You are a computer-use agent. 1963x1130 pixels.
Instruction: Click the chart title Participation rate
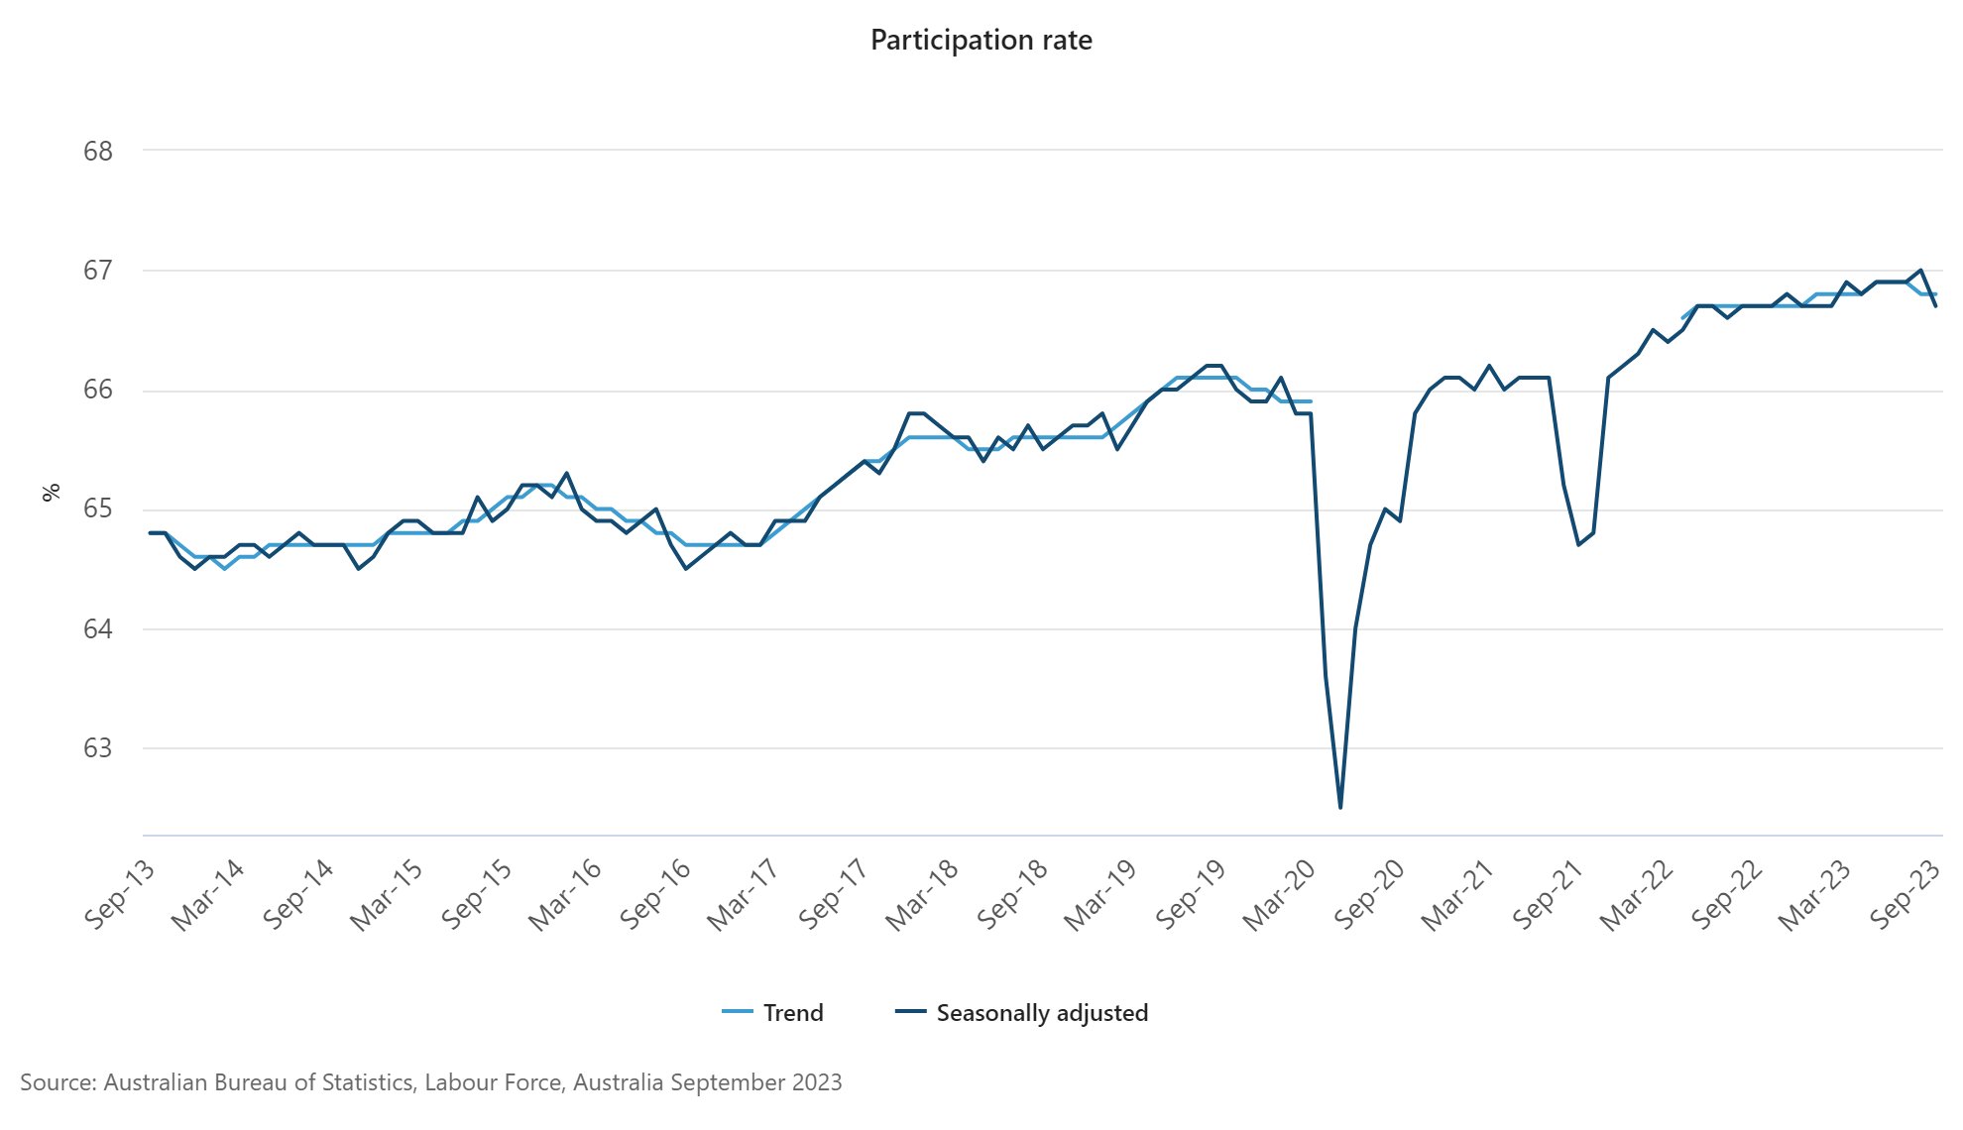(981, 40)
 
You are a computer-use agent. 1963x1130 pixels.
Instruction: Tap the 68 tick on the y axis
(98, 151)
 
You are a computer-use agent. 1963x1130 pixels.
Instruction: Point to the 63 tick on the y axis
(98, 748)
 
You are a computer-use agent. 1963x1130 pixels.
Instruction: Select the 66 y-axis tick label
(98, 390)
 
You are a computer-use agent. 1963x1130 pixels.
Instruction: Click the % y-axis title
(52, 492)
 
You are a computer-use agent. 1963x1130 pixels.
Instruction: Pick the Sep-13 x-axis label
(119, 894)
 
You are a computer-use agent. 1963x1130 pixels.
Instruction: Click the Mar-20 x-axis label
(1279, 894)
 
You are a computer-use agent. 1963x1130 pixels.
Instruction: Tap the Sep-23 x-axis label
(1904, 894)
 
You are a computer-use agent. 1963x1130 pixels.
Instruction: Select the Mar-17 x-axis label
(744, 894)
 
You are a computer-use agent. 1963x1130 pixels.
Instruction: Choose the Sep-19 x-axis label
(1190, 894)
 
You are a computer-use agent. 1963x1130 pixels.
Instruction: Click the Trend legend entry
(773, 1012)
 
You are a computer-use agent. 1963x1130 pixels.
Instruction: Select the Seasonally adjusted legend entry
(1022, 1012)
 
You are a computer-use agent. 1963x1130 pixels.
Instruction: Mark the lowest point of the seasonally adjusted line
(1340, 808)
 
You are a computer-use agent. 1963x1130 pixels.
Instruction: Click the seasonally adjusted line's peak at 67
(1921, 270)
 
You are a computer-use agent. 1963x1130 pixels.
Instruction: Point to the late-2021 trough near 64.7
(1578, 544)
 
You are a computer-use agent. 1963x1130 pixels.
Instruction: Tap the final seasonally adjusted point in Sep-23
(1935, 306)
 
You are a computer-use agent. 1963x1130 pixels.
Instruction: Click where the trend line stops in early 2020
(1311, 401)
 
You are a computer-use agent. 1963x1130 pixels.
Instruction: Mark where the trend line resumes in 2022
(1682, 318)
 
